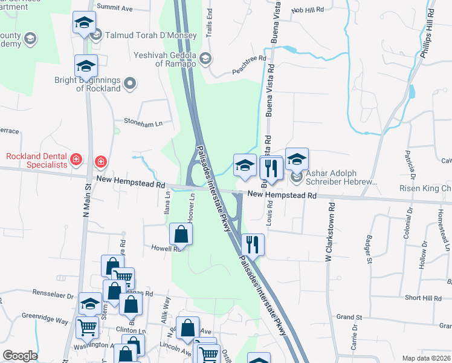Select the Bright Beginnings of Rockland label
[98, 84]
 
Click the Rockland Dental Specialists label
[37, 160]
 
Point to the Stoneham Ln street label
[143, 122]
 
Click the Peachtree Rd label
[250, 66]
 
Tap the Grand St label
[349, 316]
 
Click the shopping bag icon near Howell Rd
[181, 233]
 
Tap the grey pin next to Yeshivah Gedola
[205, 59]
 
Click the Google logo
[20, 356]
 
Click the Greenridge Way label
[45, 316]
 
